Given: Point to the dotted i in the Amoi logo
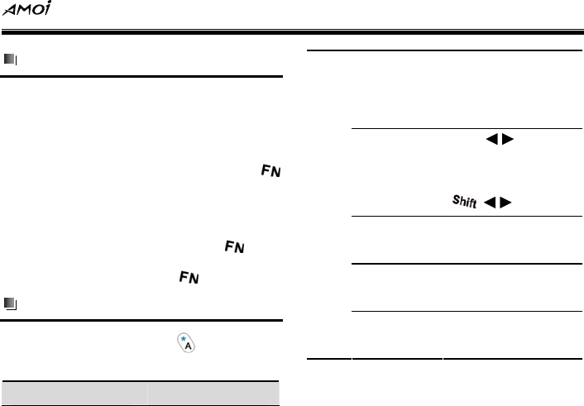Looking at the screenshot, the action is [49, 8].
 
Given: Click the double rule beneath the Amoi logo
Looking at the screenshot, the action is [292, 34].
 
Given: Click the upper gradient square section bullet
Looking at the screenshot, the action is [9, 60].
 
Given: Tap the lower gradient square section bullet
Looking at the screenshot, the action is [9, 303].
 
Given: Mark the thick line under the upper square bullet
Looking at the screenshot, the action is [141, 77].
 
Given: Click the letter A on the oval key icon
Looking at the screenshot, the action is [187, 347].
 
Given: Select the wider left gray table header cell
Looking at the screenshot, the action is [74, 392].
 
